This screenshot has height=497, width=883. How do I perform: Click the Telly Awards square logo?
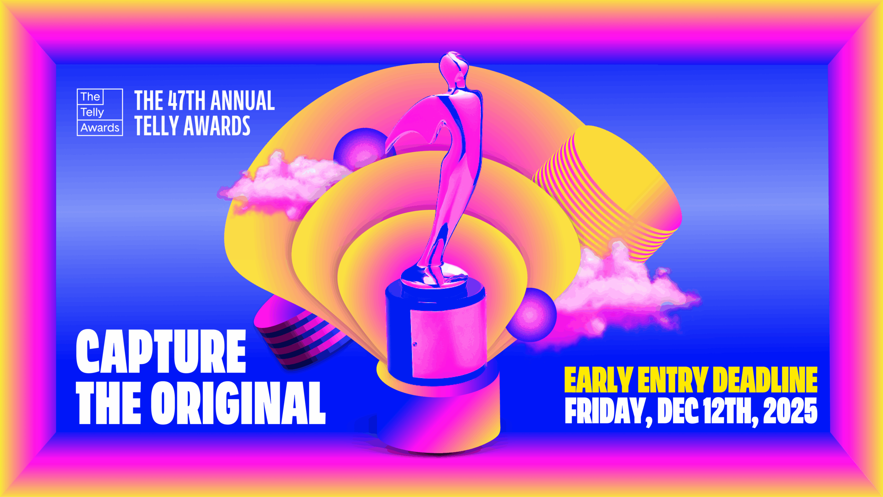point(100,112)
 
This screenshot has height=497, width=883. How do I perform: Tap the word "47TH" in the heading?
point(186,100)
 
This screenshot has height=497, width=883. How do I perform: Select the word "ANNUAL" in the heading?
point(242,100)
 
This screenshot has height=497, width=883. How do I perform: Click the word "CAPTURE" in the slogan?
point(161,351)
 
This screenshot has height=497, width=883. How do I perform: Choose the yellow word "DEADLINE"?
point(765,380)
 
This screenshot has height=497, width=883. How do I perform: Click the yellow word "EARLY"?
point(598,380)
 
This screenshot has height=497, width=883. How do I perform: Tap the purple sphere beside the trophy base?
point(531,315)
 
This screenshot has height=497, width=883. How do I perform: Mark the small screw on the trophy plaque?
point(415,344)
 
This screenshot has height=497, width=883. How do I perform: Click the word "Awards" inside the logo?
point(100,128)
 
